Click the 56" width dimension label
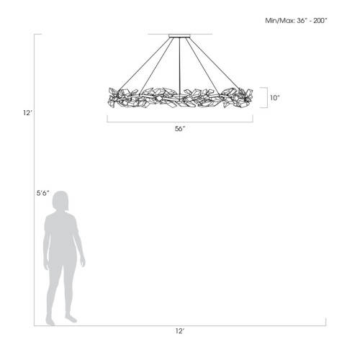pyautogui.click(x=180, y=129)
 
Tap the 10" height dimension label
pyautogui.click(x=275, y=98)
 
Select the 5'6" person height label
pyautogui.click(x=43, y=193)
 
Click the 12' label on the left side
pyautogui.click(x=27, y=112)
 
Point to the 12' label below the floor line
pyautogui.click(x=180, y=331)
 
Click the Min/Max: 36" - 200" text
pyautogui.click(x=296, y=21)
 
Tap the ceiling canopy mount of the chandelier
pyautogui.click(x=179, y=36)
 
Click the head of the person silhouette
pyautogui.click(x=60, y=201)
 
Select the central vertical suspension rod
pyautogui.click(x=179, y=66)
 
